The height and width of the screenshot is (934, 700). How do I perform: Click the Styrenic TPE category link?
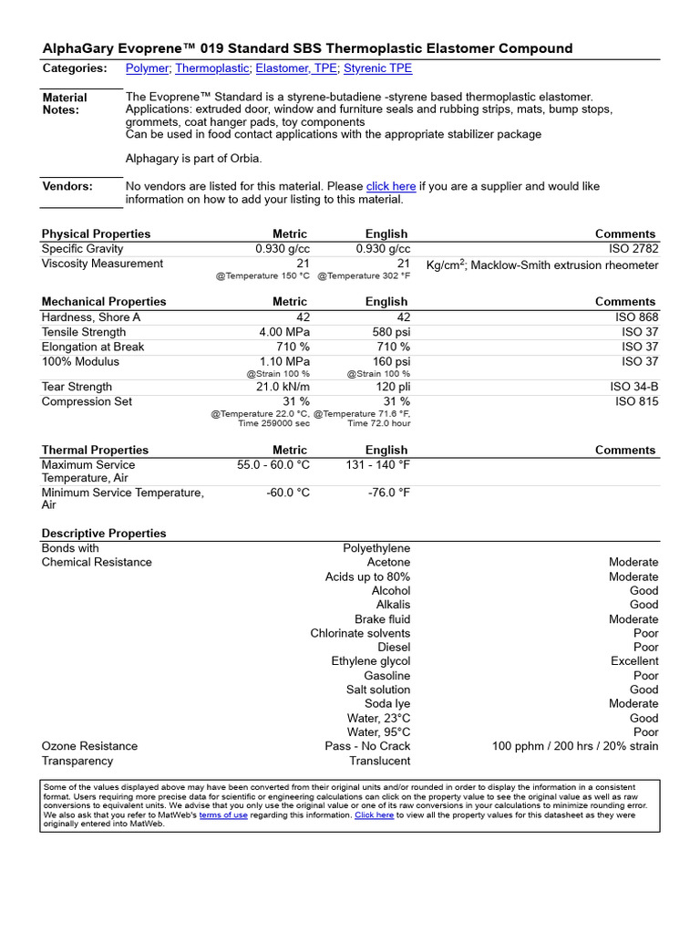pyautogui.click(x=377, y=68)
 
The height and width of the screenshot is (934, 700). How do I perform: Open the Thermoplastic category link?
pyautogui.click(x=211, y=68)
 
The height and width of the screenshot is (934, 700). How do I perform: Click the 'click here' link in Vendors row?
pyautogui.click(x=391, y=186)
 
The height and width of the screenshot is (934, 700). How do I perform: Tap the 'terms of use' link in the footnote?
pyautogui.click(x=223, y=815)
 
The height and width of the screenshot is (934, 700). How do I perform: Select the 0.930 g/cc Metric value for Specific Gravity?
pyautogui.click(x=282, y=249)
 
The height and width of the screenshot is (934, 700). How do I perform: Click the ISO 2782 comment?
pyautogui.click(x=633, y=249)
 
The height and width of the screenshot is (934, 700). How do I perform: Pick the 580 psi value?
pyautogui.click(x=391, y=332)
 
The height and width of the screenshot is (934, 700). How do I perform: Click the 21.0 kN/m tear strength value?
pyautogui.click(x=281, y=387)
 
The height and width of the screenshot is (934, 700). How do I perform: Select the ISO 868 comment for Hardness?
pyautogui.click(x=636, y=317)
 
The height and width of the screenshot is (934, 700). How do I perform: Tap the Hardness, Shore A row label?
pyautogui.click(x=91, y=317)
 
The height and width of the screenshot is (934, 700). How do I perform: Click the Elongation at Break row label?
pyautogui.click(x=93, y=347)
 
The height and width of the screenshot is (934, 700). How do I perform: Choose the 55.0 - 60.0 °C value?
pyautogui.click(x=273, y=464)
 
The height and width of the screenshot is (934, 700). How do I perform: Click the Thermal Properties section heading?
pyautogui.click(x=95, y=450)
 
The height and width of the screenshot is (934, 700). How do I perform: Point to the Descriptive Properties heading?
pyautogui.click(x=104, y=534)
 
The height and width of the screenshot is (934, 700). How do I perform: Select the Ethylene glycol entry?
pyautogui.click(x=371, y=661)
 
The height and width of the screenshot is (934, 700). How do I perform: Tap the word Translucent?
pyautogui.click(x=379, y=761)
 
